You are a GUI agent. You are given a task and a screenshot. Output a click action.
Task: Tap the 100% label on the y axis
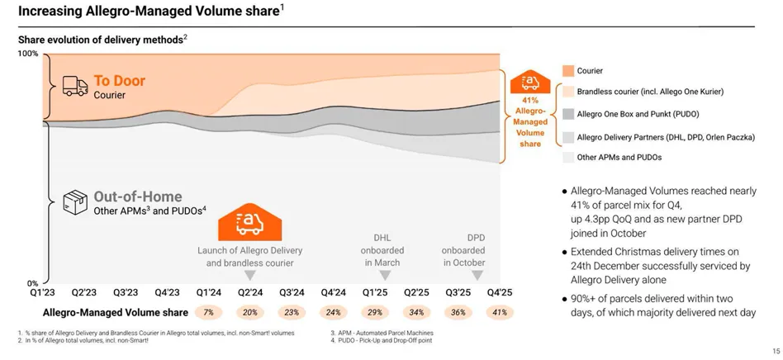click(28, 54)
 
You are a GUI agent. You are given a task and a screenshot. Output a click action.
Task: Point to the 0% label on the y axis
click(32, 283)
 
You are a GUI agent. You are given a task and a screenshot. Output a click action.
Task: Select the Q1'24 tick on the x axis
click(208, 292)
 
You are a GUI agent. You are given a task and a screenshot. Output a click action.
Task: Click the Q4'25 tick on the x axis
click(499, 292)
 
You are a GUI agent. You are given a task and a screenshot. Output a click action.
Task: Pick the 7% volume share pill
click(208, 313)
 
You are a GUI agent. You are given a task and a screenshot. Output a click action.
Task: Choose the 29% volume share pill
click(374, 313)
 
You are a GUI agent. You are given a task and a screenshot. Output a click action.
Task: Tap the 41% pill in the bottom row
click(499, 313)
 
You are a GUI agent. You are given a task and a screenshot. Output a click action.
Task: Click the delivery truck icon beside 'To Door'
click(75, 86)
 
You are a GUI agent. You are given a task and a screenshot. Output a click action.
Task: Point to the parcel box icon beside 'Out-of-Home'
click(75, 201)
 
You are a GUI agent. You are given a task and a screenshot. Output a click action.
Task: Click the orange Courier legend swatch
click(568, 71)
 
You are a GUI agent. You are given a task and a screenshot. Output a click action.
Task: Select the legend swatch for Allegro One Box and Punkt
click(568, 114)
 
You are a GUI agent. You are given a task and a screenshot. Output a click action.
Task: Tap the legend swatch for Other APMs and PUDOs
click(568, 157)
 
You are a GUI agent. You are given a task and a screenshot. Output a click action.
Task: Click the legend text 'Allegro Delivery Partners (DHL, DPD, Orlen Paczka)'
click(666, 137)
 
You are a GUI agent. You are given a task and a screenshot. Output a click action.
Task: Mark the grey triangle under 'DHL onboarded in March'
click(382, 275)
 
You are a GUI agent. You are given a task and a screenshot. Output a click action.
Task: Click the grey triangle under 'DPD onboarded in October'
click(477, 275)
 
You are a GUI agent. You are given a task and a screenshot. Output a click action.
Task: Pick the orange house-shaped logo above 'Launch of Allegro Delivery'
click(250, 222)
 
